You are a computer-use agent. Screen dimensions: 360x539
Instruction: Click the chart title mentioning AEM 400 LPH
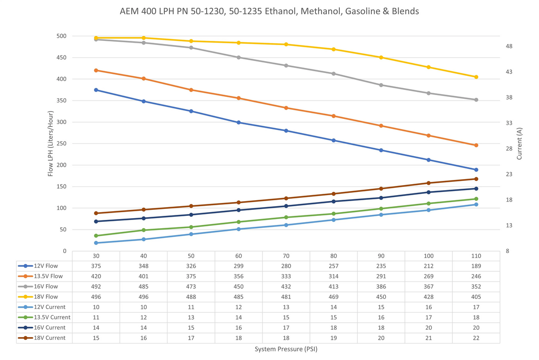coord(269,11)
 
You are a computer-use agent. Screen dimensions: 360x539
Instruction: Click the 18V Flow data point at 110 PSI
coord(476,77)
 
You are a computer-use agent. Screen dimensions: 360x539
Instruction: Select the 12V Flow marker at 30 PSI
coord(96,90)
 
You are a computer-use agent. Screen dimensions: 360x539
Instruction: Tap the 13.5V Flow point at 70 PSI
coord(286,108)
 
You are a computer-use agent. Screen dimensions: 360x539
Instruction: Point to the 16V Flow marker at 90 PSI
coord(381,85)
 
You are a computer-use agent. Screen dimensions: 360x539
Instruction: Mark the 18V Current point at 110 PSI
coord(476,179)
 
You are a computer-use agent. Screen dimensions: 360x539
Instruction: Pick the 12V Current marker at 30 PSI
coord(96,243)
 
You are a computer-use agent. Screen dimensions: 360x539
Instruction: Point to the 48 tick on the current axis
coord(508,46)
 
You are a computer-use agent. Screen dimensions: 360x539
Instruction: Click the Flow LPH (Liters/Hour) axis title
coord(51,144)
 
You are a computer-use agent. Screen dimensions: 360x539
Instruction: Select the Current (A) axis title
coord(519,144)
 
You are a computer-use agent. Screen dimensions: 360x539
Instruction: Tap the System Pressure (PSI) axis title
coord(286,349)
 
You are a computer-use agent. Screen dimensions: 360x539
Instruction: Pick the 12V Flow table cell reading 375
coord(96,266)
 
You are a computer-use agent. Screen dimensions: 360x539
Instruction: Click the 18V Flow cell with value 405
coord(476,297)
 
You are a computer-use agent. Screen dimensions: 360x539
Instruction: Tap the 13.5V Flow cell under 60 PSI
coord(239,276)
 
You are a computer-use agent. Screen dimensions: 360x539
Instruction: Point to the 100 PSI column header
coord(428,256)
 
